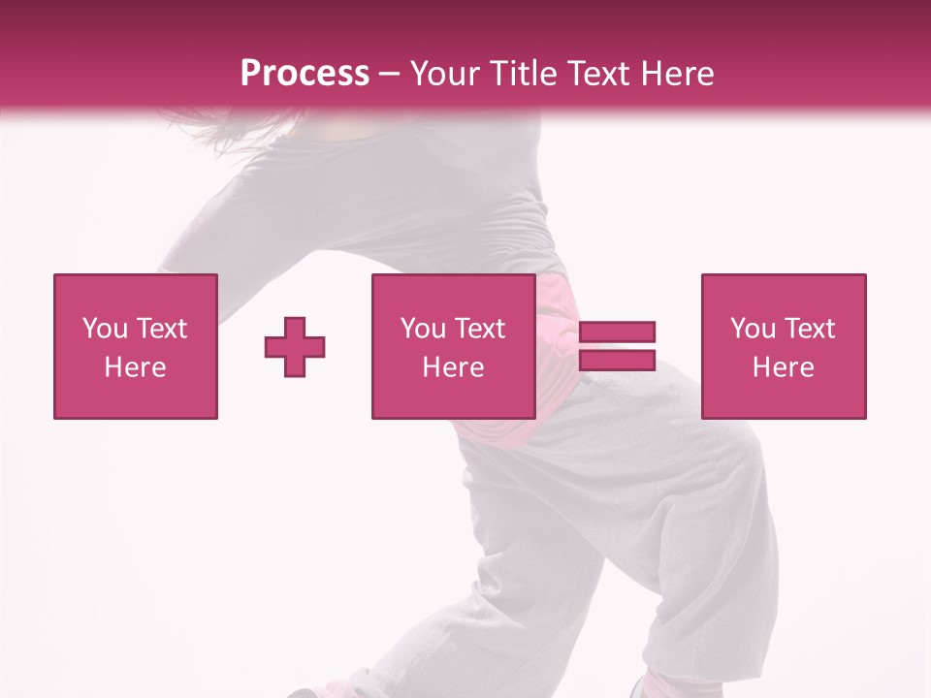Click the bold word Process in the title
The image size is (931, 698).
click(x=305, y=74)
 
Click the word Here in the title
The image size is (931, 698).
click(x=678, y=74)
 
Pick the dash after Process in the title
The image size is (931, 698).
click(x=389, y=75)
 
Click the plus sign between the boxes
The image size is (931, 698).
click(x=295, y=347)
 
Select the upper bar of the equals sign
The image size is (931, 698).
click(x=618, y=333)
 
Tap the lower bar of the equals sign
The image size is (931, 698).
click(x=618, y=360)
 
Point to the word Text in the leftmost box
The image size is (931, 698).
click(x=162, y=329)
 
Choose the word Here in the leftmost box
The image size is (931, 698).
click(x=135, y=367)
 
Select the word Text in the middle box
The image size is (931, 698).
click(x=480, y=329)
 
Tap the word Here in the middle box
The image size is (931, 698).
click(x=453, y=367)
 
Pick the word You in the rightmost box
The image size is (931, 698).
click(x=753, y=329)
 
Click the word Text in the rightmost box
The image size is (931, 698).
click(x=810, y=329)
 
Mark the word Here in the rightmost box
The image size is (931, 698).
click(x=783, y=367)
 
